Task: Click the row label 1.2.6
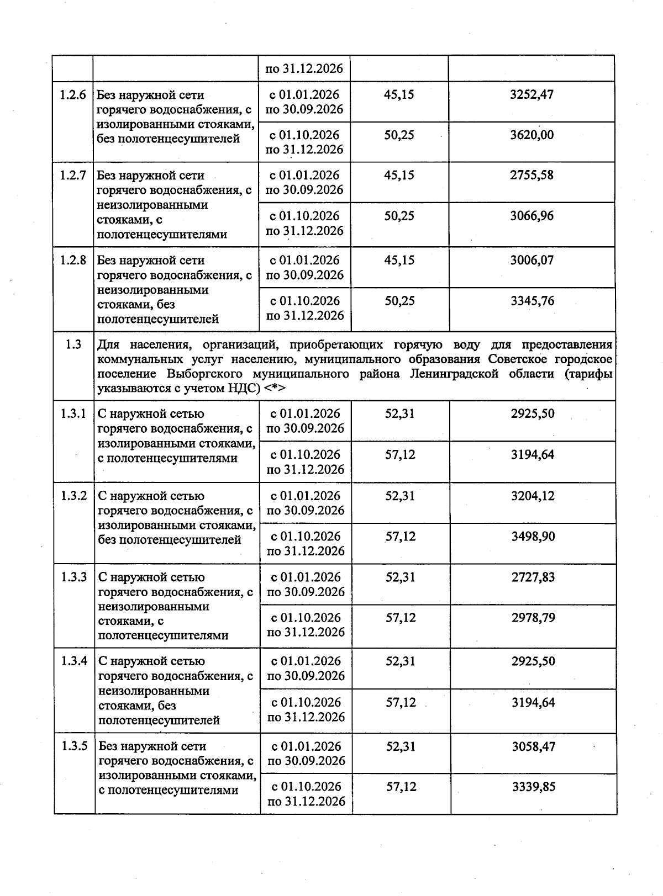coord(73,94)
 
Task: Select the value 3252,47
coord(532,94)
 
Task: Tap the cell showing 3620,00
coord(532,135)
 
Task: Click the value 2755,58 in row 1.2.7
coord(532,176)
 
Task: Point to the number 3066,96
coord(532,216)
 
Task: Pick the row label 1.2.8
coord(73,260)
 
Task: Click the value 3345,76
coord(532,301)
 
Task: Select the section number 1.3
coord(73,344)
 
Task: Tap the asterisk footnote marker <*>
coord(275,388)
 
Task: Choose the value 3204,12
coord(533,496)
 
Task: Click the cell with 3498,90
coord(533,537)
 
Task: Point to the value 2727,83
coord(533,577)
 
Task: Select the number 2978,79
coord(533,618)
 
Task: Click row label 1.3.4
coord(74,661)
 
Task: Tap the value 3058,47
coord(533,746)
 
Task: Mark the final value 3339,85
coord(533,787)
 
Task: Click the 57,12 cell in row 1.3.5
coord(401,787)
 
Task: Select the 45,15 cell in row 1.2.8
coord(399,260)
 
